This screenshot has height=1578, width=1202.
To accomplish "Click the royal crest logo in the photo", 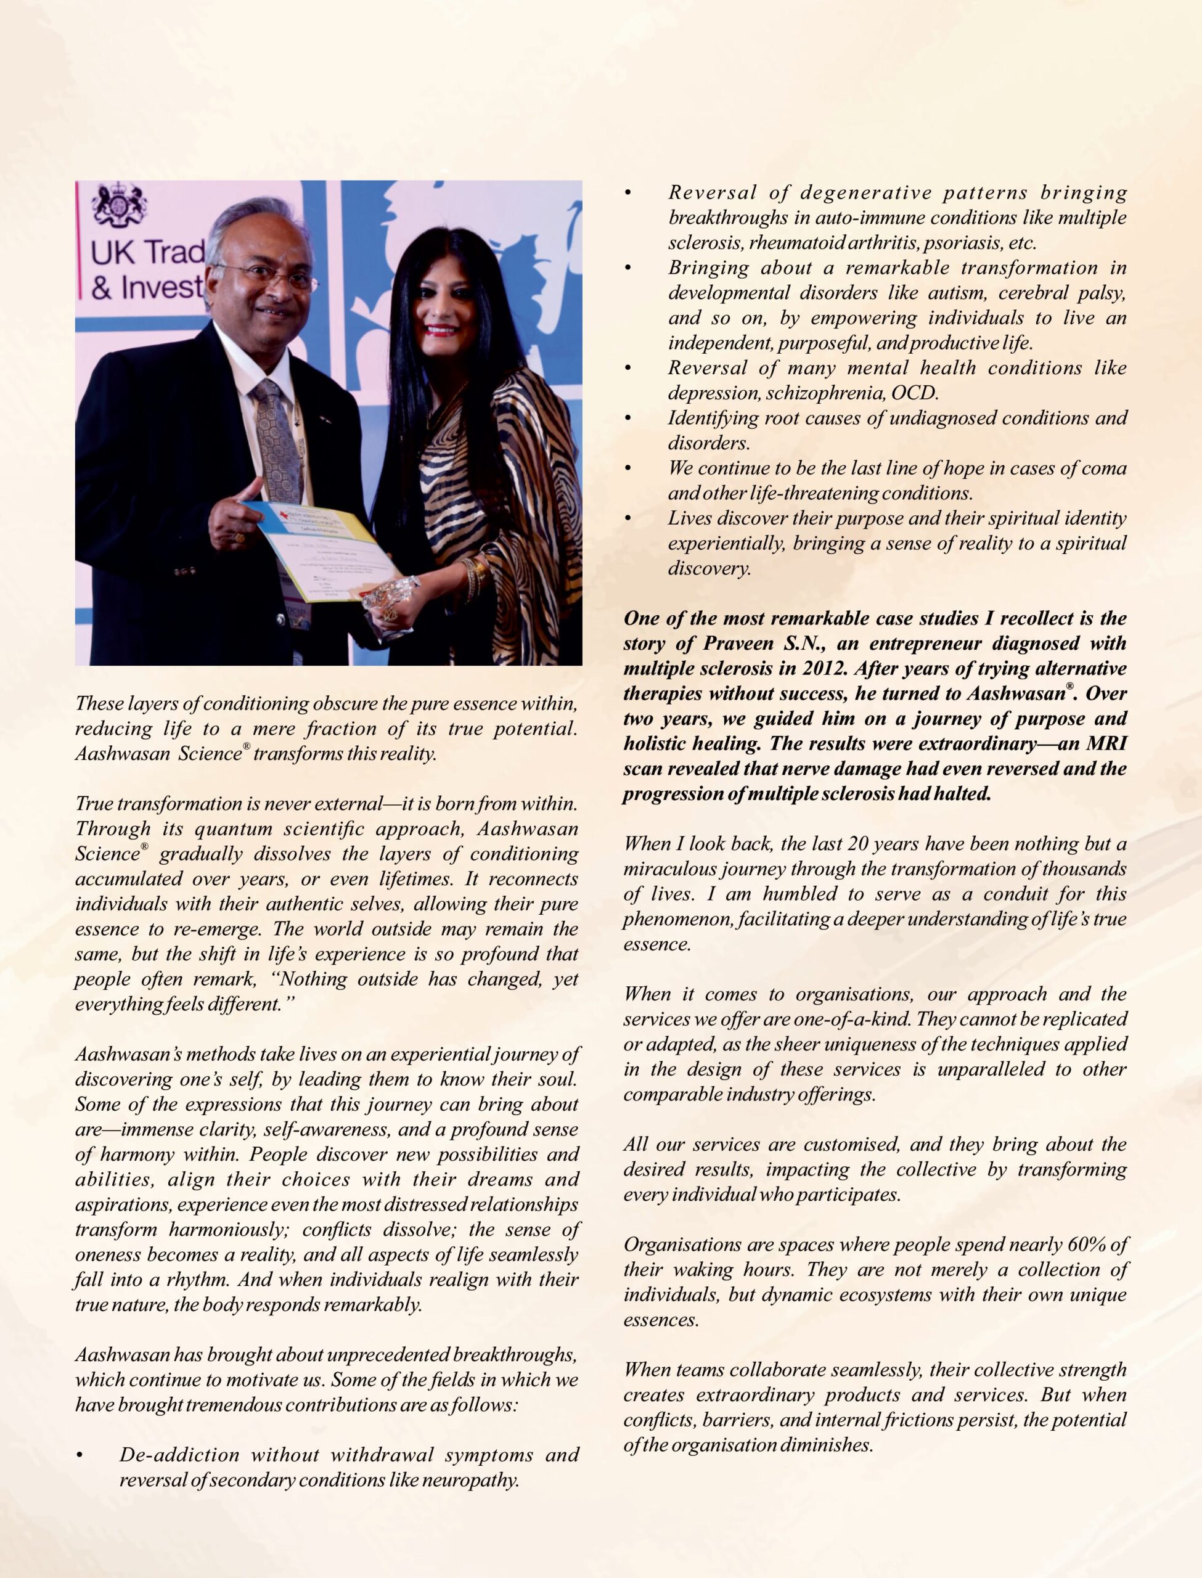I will click(x=120, y=205).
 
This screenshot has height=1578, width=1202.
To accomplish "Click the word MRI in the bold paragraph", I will click(x=1106, y=744).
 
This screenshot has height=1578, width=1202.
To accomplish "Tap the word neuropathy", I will click(x=470, y=1480).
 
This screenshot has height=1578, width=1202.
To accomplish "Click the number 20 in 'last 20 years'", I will click(x=857, y=844).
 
